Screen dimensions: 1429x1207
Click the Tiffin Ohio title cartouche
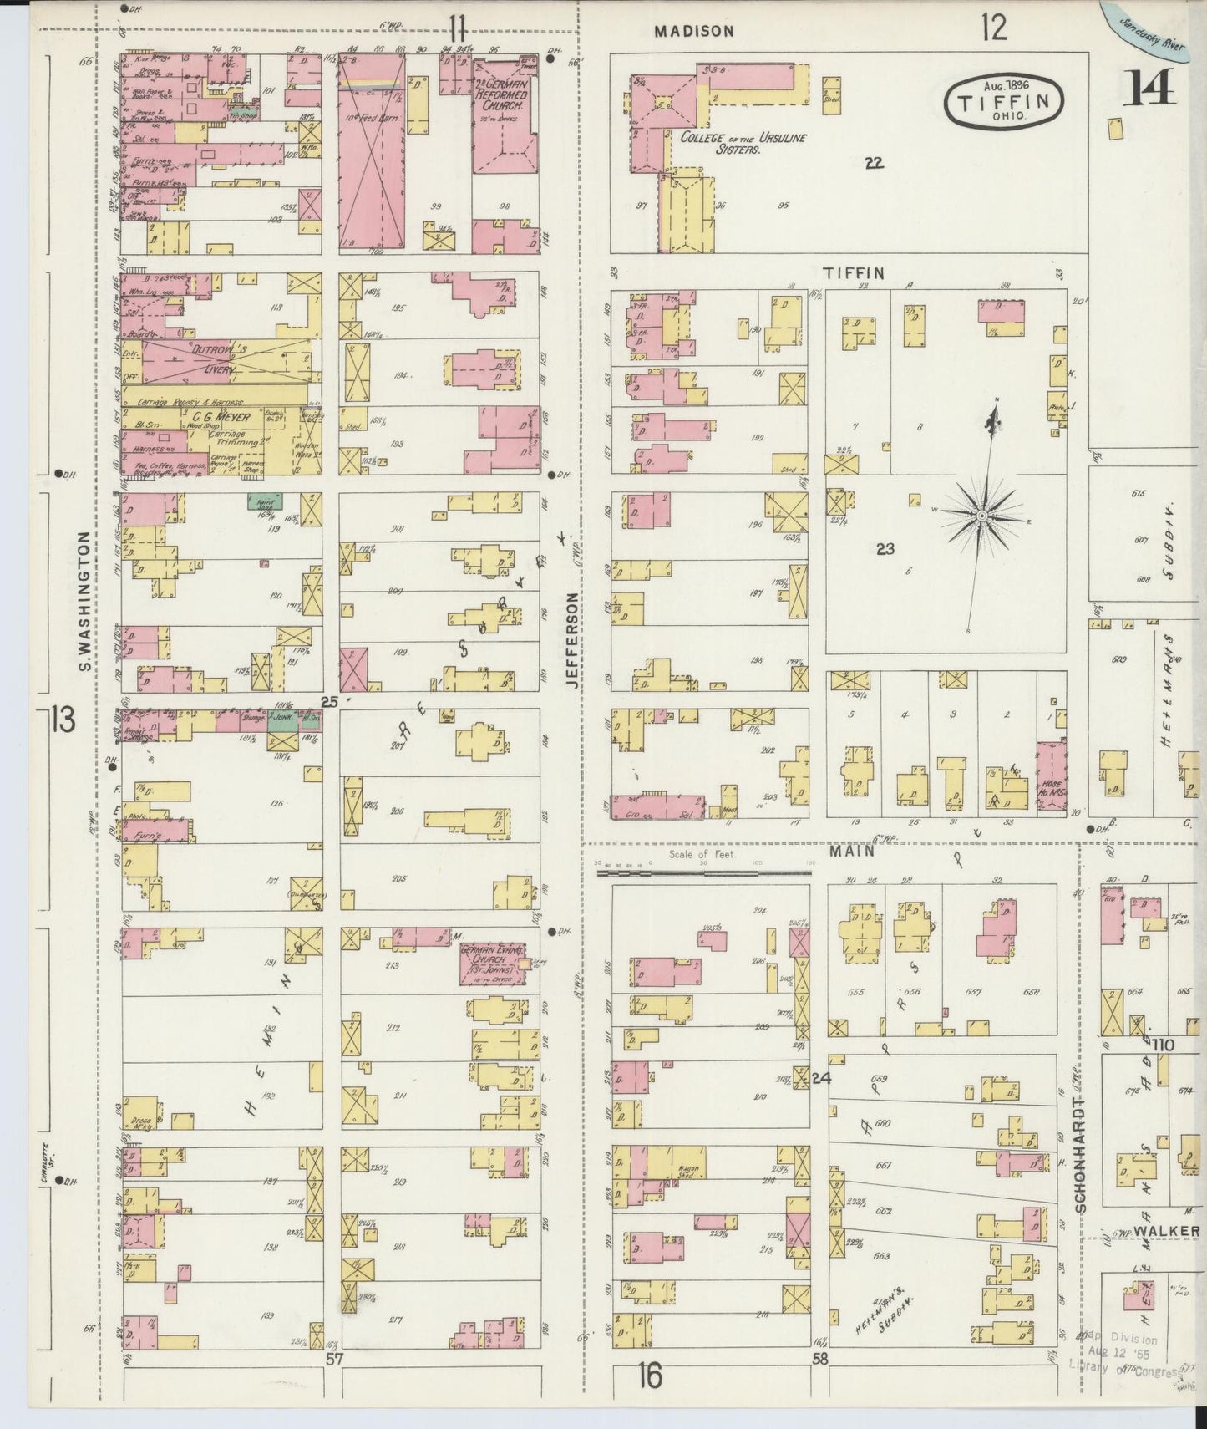(1004, 103)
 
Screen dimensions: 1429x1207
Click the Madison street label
(694, 31)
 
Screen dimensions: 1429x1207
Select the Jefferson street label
(571, 639)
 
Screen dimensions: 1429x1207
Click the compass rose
(983, 516)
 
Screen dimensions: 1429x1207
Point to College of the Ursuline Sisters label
(743, 143)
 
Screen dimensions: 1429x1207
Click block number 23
(885, 549)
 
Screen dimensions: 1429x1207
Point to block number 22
(874, 163)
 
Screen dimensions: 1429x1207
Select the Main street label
(852, 851)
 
